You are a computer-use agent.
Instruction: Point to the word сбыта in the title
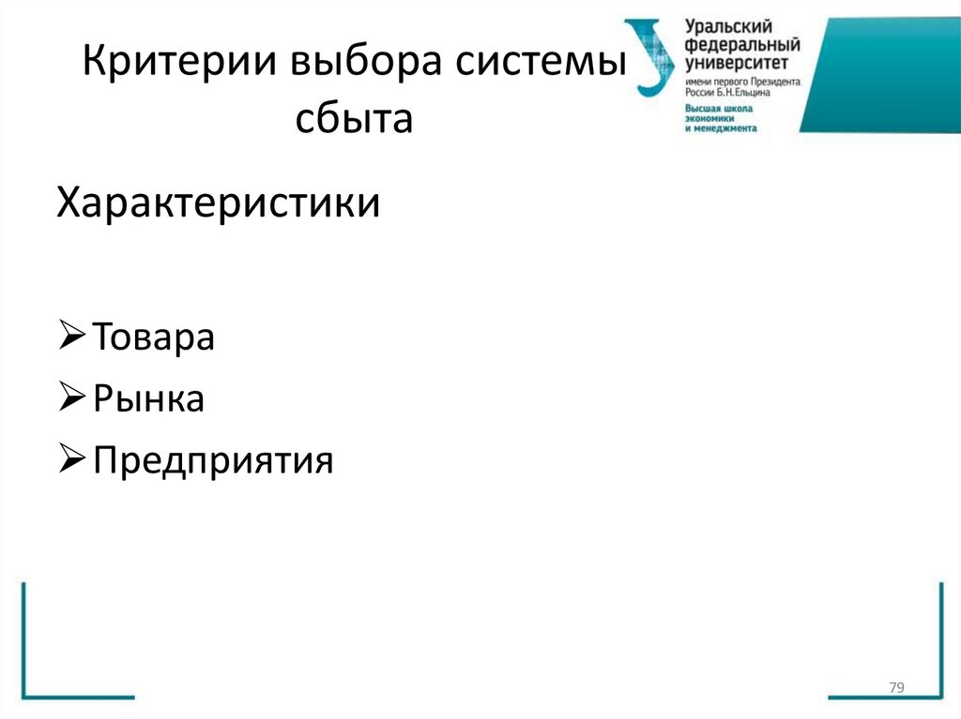pos(355,119)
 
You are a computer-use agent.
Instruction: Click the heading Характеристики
pos(219,202)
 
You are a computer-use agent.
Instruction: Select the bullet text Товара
pos(154,337)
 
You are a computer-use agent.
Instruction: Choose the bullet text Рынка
pos(149,399)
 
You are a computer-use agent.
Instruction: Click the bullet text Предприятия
pos(213,460)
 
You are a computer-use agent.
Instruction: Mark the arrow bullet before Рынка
pos(72,397)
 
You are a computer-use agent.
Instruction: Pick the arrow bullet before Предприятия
pos(72,458)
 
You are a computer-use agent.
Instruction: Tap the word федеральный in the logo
pos(741,44)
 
